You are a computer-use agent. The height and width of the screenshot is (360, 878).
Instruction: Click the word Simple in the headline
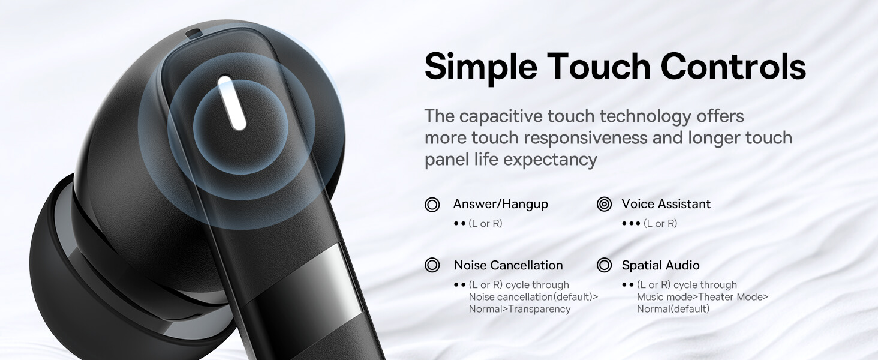[x=481, y=67]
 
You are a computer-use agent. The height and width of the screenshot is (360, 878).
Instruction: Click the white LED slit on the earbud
[x=232, y=103]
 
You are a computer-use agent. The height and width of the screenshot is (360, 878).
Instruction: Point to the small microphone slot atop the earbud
[x=194, y=34]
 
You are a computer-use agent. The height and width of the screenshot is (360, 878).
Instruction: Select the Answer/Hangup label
[x=501, y=204]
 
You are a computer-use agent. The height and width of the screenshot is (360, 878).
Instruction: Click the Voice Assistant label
[x=666, y=204]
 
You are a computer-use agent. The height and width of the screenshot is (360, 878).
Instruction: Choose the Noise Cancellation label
[x=509, y=265]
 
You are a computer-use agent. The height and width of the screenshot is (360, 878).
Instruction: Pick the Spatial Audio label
[x=660, y=265]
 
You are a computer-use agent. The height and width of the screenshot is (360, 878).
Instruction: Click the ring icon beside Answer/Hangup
[x=432, y=205]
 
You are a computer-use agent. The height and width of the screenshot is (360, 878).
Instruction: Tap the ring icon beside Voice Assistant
[x=604, y=205]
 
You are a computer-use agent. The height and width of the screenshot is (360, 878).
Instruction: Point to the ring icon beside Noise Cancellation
[x=432, y=265]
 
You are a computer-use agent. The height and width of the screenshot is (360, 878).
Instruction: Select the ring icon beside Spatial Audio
[x=604, y=265]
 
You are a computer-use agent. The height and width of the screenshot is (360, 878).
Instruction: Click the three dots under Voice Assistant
[x=631, y=224]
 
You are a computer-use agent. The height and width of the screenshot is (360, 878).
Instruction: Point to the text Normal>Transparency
[x=519, y=309]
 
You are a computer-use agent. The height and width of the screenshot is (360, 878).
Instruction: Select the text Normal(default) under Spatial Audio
[x=673, y=309]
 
